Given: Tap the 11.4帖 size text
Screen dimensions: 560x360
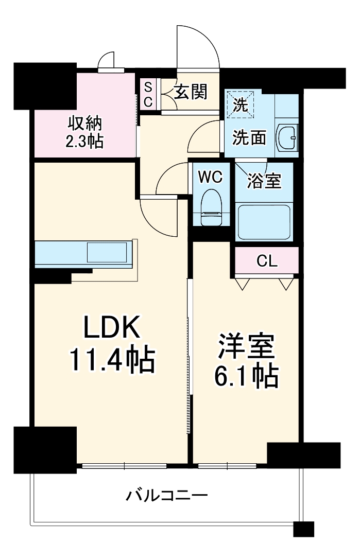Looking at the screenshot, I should tap(112, 360).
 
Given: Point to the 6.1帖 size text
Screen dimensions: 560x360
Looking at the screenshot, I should tap(247, 377).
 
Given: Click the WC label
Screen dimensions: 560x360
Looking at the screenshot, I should tap(210, 177).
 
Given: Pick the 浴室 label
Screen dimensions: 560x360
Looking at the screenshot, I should tap(264, 181).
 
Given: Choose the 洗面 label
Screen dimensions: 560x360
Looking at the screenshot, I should tap(249, 138).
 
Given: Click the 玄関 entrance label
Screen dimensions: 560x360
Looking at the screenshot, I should tap(190, 92).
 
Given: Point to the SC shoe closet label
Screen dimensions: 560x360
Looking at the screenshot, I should tap(147, 94).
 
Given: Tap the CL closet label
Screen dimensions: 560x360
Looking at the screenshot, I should tap(267, 261).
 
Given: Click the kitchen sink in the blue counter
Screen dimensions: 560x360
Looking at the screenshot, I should tap(106, 253).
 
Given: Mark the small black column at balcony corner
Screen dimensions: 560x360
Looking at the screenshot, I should tap(303, 529).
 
